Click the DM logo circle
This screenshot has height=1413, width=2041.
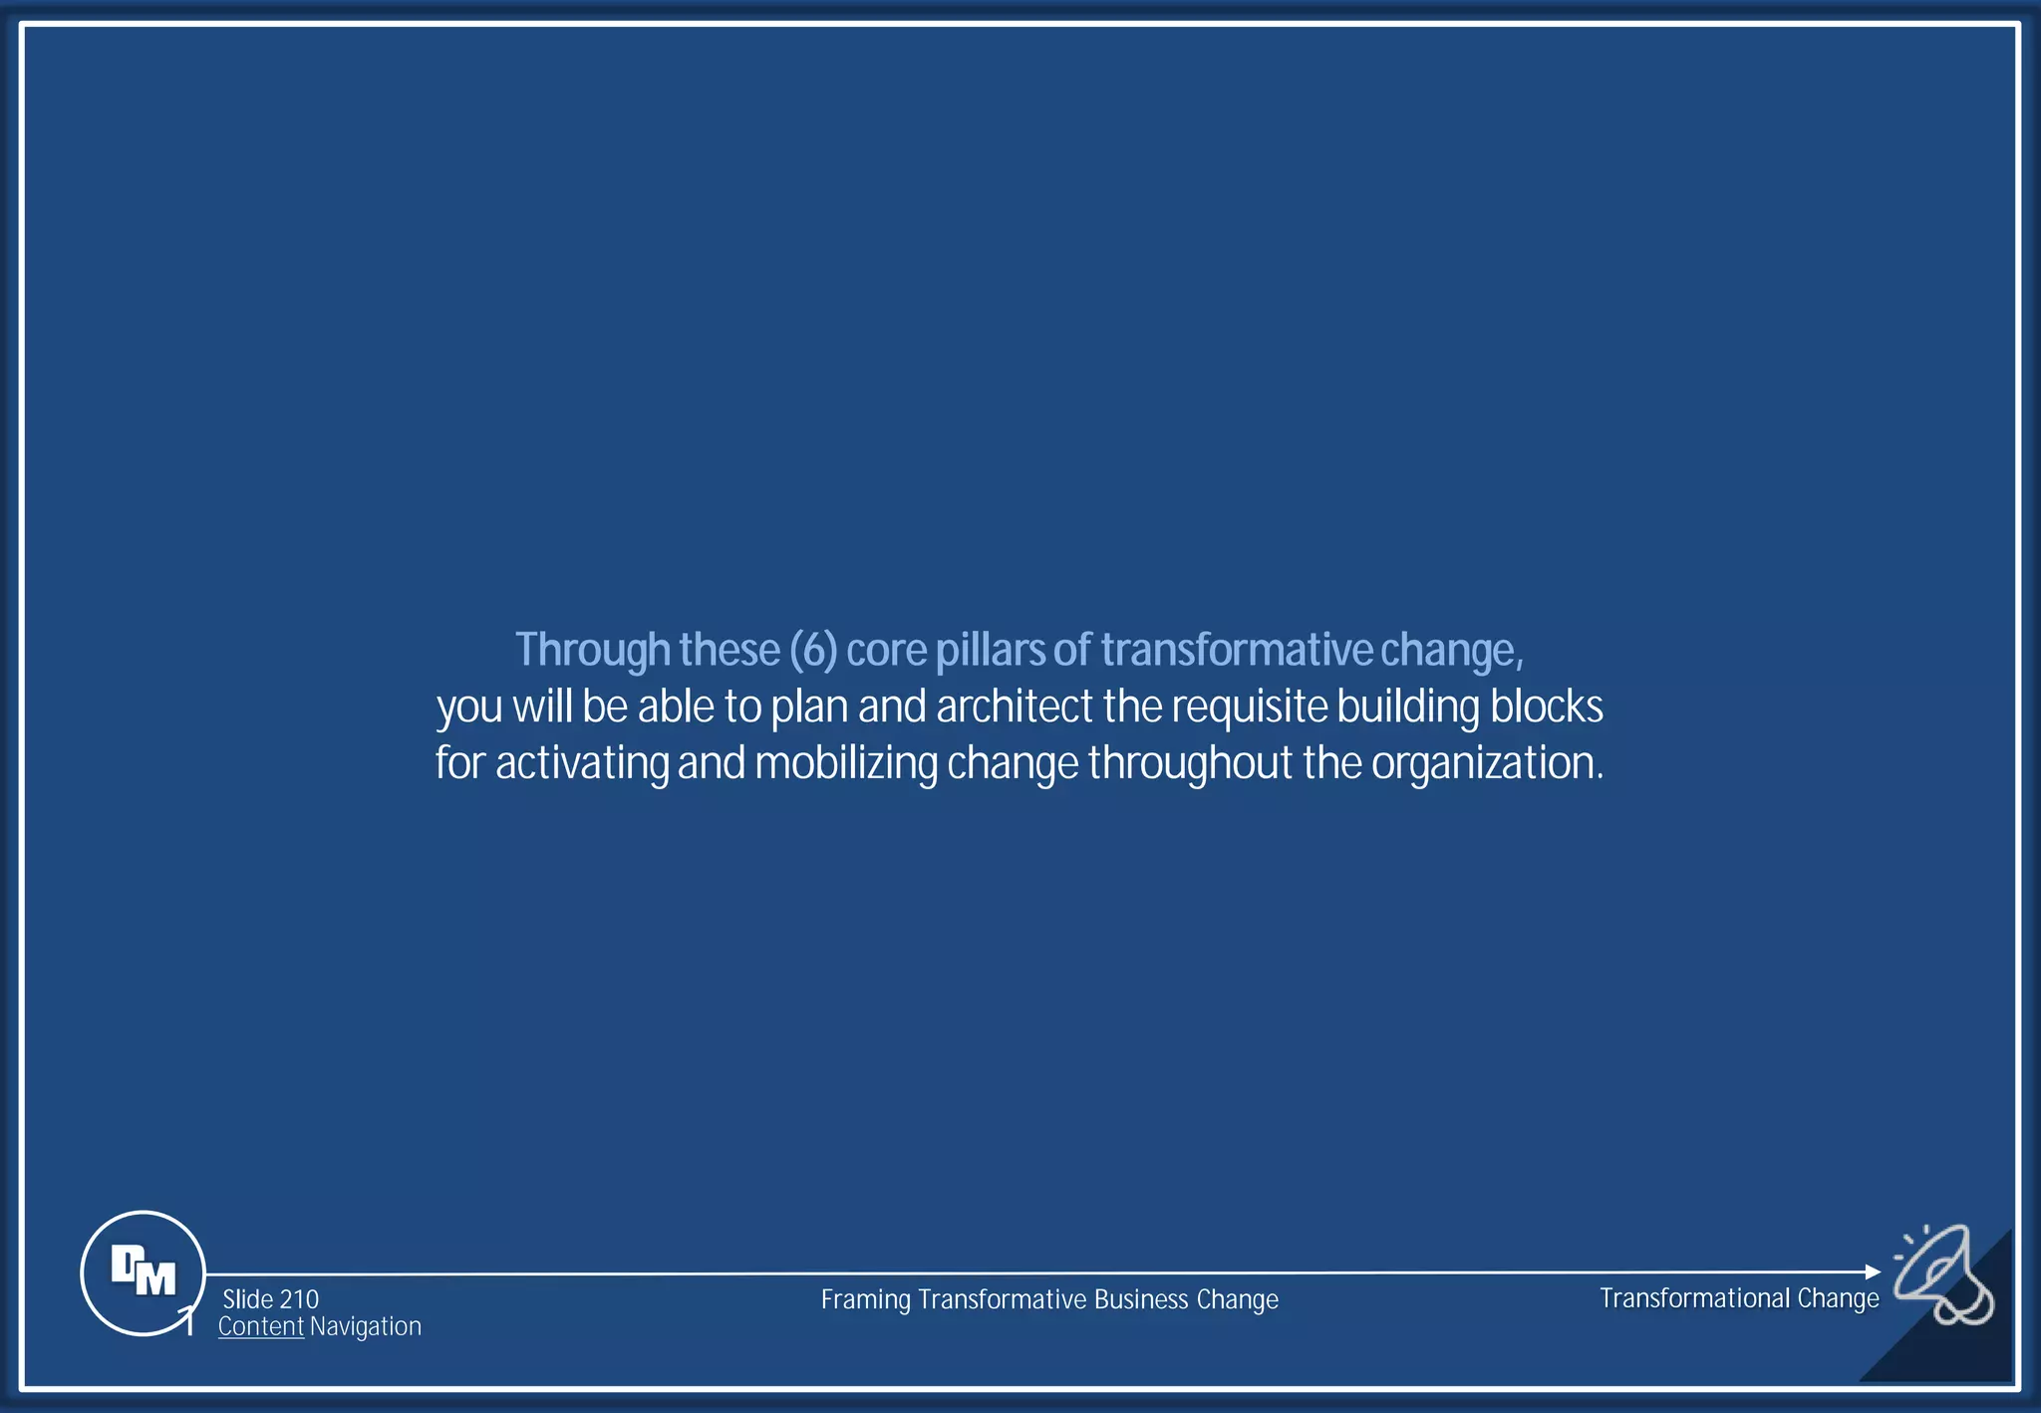pos(143,1272)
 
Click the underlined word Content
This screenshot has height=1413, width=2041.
pos(261,1326)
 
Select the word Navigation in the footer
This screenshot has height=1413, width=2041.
pos(366,1326)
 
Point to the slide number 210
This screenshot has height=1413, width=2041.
pos(299,1299)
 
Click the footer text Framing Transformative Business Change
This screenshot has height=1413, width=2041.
pos(1049,1299)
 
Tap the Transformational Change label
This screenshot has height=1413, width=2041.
pos(1739,1298)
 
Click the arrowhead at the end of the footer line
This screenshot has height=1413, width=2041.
pos(1873,1272)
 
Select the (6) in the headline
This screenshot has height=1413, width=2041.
pos(813,650)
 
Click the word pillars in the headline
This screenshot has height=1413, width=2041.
pos(990,650)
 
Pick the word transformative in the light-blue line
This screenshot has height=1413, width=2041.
pos(1237,650)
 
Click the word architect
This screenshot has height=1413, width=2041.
pos(1015,706)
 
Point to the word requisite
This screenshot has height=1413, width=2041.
pos(1249,707)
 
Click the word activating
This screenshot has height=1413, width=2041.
pos(582,764)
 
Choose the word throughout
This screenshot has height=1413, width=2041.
pos(1190,764)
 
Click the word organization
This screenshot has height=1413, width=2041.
pos(1485,764)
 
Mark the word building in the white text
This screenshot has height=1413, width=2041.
pos(1408,707)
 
